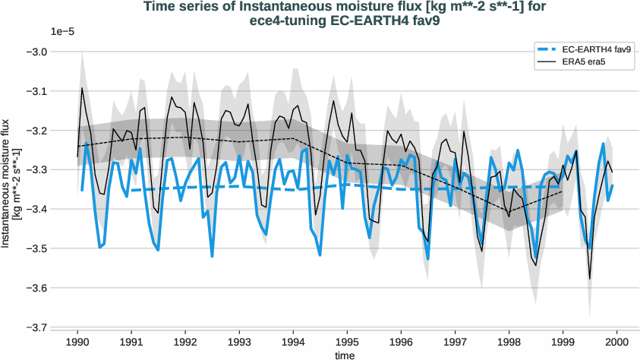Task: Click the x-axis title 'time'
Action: pos(347,354)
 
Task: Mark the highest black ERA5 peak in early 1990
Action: pos(83,88)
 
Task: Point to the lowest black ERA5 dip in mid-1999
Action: pos(590,279)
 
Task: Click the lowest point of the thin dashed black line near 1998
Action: pos(509,212)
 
